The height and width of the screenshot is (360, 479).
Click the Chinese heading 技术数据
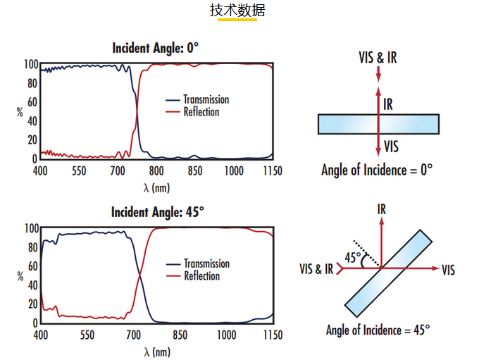[x=237, y=11]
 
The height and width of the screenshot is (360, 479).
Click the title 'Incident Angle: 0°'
[x=156, y=48]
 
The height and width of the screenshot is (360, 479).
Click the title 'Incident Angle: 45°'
[x=157, y=212]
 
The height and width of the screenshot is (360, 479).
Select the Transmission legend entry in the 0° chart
[x=197, y=99]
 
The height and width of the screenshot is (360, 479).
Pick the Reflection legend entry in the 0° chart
[x=192, y=112]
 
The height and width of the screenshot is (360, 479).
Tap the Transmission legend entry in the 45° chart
[x=198, y=263]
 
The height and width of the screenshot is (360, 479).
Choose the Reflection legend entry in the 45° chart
[x=193, y=276]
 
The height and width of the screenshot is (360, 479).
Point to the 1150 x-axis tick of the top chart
[x=273, y=170]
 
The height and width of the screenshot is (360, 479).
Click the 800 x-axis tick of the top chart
[x=156, y=170]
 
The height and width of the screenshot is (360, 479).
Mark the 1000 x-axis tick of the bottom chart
[x=226, y=335]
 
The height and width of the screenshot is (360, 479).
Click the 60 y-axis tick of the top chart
[x=32, y=102]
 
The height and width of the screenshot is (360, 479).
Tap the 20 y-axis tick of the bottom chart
[x=32, y=304]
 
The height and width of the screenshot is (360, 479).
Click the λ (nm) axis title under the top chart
[x=156, y=187]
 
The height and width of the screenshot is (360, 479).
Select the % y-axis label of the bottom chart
[x=20, y=277]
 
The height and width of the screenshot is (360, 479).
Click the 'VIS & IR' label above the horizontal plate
[x=378, y=57]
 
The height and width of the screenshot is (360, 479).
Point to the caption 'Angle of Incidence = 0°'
[x=377, y=170]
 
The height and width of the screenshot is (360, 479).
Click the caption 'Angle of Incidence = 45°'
[x=378, y=330]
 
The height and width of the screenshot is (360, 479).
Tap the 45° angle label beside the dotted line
[x=353, y=257]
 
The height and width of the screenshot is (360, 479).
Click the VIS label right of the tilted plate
[x=448, y=270]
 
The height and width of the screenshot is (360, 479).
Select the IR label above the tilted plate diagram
[x=382, y=209]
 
